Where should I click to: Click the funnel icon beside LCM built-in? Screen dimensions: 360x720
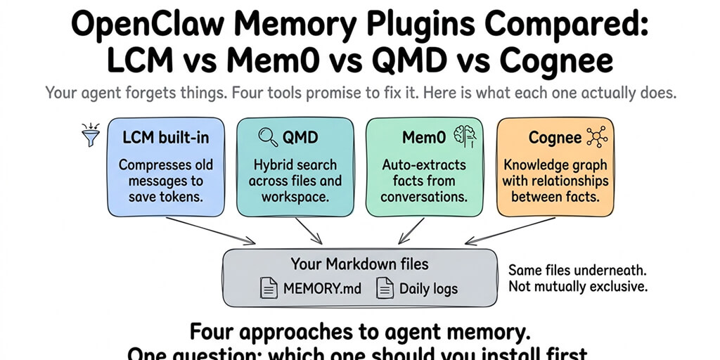pyautogui.click(x=91, y=135)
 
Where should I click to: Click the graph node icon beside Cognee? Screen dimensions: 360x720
pyautogui.click(x=596, y=137)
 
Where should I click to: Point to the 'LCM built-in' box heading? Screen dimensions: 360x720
pyautogui.click(x=166, y=138)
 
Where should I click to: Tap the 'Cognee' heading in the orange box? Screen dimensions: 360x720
pyautogui.click(x=555, y=138)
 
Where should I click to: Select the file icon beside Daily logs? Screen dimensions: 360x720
pyautogui.click(x=385, y=288)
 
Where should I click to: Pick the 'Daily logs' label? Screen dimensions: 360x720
pyautogui.click(x=428, y=288)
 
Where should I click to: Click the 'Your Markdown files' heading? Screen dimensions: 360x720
pyautogui.click(x=359, y=264)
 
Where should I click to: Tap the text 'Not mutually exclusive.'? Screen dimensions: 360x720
pyautogui.click(x=577, y=286)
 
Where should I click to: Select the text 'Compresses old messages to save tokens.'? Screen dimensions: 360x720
pyautogui.click(x=166, y=181)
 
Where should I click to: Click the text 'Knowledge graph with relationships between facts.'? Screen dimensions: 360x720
pyautogui.click(x=555, y=181)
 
